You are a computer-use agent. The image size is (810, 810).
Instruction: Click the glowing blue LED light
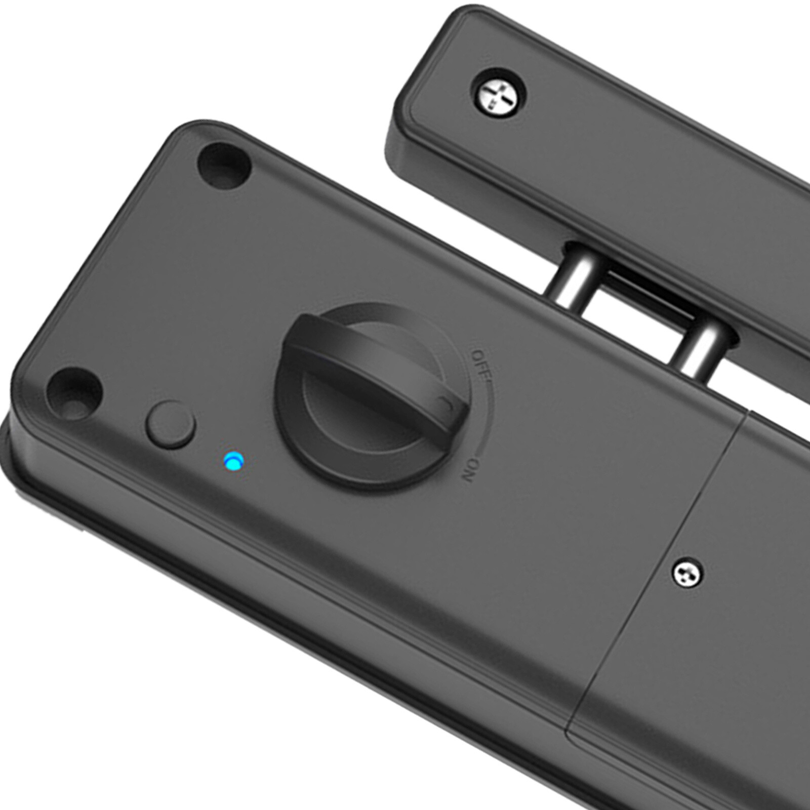[x=234, y=462]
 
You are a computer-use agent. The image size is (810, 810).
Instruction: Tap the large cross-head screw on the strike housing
[x=498, y=95]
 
